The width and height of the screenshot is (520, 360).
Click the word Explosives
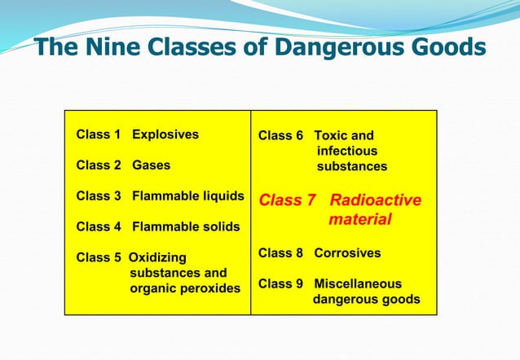[x=165, y=134]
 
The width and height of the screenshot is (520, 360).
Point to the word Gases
[x=152, y=165]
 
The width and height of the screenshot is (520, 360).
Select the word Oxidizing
[x=158, y=257]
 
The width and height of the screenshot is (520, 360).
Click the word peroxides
[x=208, y=288]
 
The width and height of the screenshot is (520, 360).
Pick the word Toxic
[x=335, y=136]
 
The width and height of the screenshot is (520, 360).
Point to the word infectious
[x=347, y=151]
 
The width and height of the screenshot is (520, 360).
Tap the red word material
[x=360, y=220]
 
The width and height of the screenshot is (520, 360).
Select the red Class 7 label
[x=287, y=200]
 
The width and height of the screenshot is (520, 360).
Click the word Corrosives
[x=347, y=253]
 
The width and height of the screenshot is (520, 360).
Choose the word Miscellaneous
[x=358, y=284]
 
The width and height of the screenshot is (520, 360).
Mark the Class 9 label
[x=281, y=284]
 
